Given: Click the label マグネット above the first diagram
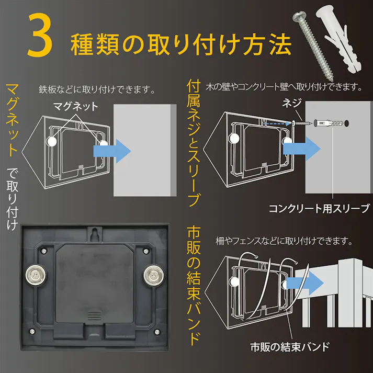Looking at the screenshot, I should tap(75, 106).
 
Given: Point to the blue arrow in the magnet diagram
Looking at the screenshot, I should tap(111, 150).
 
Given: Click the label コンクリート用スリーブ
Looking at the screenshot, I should tap(319, 209).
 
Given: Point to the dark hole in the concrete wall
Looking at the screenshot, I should tap(347, 125).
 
